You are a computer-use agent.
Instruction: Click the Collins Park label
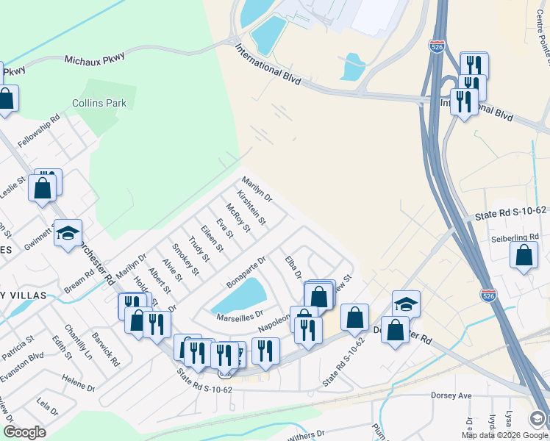[99, 104]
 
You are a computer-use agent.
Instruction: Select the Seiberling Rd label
[515, 237]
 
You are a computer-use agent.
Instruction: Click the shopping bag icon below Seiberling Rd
[524, 256]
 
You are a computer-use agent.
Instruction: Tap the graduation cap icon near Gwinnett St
[68, 233]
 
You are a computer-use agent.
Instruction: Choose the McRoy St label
[239, 218]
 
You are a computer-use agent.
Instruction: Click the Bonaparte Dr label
[246, 273]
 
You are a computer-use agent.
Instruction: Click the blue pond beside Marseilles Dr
[239, 298]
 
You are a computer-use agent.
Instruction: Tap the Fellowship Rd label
[38, 129]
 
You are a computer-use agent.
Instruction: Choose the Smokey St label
[185, 260]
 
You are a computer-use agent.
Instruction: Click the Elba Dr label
[293, 266]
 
